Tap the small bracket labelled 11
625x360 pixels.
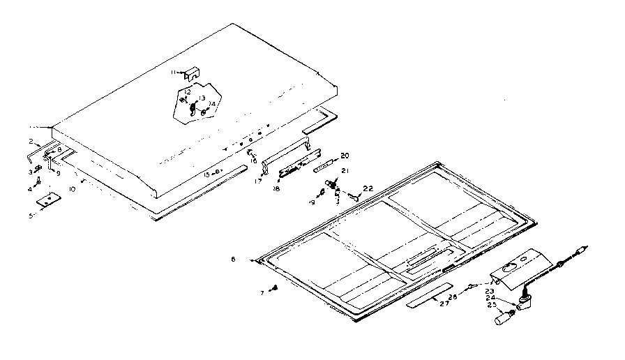click(191, 73)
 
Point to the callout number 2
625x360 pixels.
click(31, 142)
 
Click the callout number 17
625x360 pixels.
click(258, 181)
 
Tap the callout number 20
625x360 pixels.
click(345, 155)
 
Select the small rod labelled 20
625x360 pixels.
click(326, 167)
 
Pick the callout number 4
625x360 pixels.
click(31, 188)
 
